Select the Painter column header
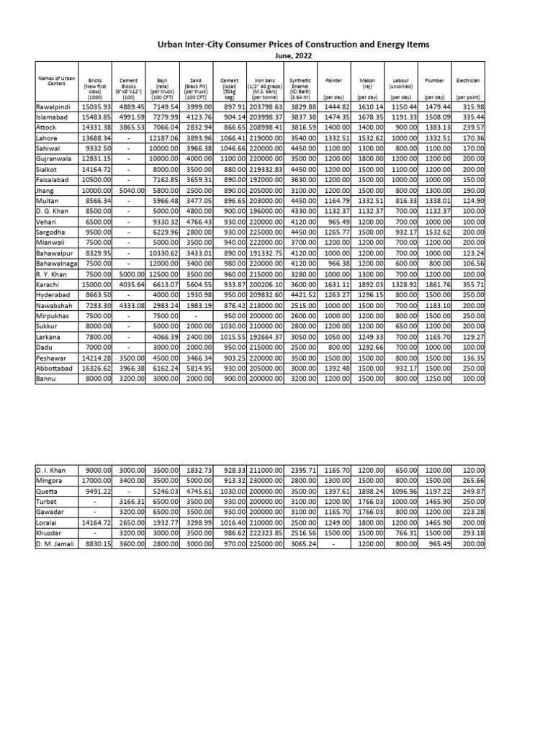(x=333, y=81)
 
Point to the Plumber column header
(x=434, y=81)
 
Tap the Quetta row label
(x=47, y=491)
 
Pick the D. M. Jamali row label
(x=55, y=544)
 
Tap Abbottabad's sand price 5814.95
(x=199, y=367)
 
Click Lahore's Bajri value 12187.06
(x=164, y=137)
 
